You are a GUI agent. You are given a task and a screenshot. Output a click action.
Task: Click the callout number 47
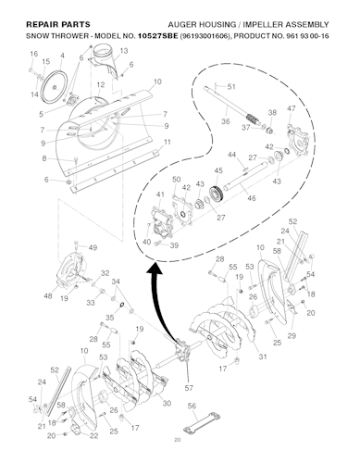click(292, 109)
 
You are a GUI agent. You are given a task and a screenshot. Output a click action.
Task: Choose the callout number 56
click(191, 405)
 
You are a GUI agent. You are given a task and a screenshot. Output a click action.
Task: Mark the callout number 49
click(93, 247)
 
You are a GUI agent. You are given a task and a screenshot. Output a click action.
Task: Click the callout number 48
click(48, 295)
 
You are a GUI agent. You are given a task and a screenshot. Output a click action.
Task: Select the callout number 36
click(225, 119)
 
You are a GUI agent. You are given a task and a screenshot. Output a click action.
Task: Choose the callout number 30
click(167, 403)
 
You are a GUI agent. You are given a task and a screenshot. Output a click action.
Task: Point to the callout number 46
click(253, 198)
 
